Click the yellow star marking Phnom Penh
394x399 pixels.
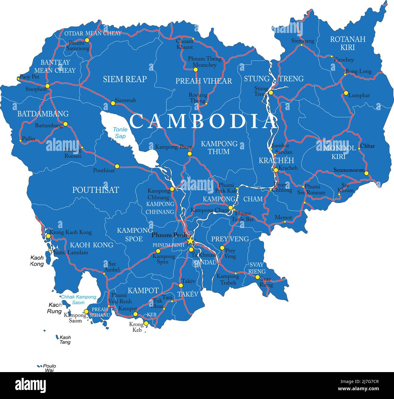(x=190, y=241)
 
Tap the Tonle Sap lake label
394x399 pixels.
(x=120, y=133)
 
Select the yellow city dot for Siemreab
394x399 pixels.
(x=113, y=103)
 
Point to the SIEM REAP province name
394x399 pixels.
(x=125, y=79)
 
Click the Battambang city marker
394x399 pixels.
(x=65, y=124)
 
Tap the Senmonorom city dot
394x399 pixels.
(x=366, y=173)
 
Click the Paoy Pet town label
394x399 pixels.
(x=29, y=77)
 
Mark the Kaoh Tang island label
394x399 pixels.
(x=65, y=340)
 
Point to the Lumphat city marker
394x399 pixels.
(x=346, y=93)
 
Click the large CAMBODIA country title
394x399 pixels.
(x=202, y=122)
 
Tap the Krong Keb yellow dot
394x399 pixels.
(x=146, y=323)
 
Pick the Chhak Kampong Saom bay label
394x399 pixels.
(x=78, y=299)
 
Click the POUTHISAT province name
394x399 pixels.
(x=95, y=190)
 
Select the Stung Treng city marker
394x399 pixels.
(x=271, y=93)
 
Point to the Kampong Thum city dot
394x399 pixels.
(x=189, y=154)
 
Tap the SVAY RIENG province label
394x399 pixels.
(x=257, y=268)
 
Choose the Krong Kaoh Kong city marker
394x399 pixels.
(x=48, y=236)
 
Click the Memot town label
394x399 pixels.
(x=283, y=217)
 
